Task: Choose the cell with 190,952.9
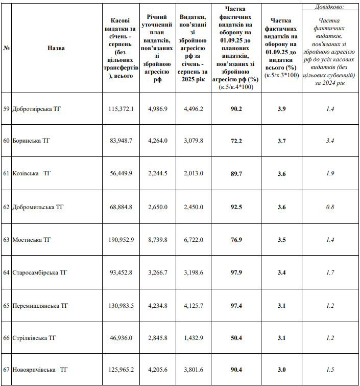(x=121, y=239)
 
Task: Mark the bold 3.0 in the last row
(x=281, y=370)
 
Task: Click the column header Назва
(x=56, y=48)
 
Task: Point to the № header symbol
(x=7, y=48)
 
